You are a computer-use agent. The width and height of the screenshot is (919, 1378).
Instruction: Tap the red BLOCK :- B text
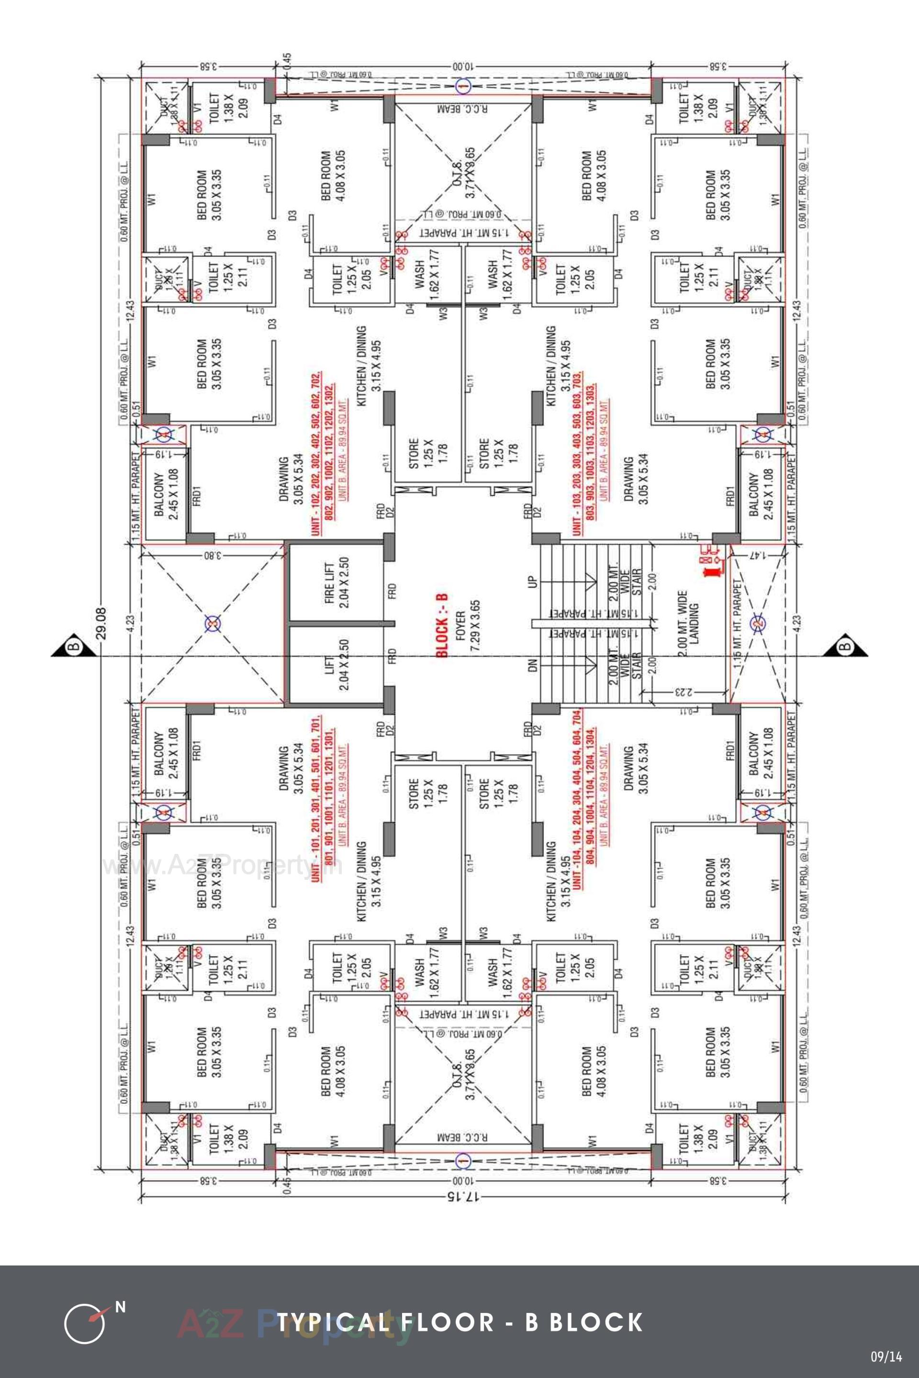click(x=442, y=625)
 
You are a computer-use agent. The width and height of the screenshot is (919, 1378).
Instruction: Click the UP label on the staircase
click(x=532, y=582)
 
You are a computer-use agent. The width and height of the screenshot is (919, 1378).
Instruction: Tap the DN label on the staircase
click(x=532, y=666)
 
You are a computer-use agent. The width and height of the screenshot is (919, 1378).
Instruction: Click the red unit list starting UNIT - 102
click(x=324, y=452)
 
